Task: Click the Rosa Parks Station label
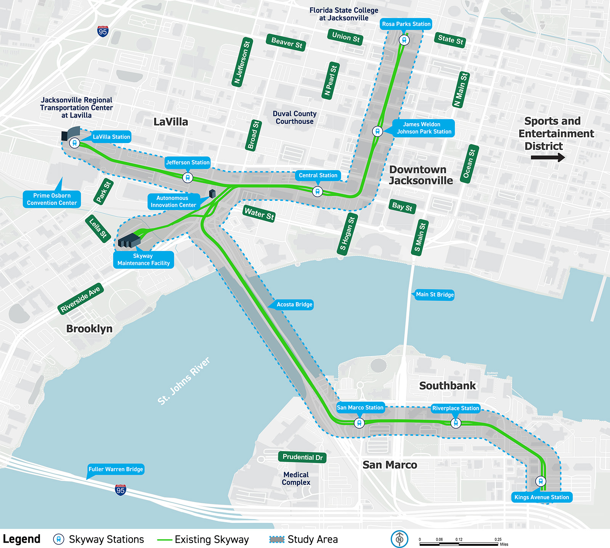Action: (x=406, y=24)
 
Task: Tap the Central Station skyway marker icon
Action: (x=317, y=192)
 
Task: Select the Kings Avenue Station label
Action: (x=541, y=497)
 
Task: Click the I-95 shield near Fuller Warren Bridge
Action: (x=120, y=490)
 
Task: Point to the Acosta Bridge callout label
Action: (x=294, y=305)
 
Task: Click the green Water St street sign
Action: (x=259, y=214)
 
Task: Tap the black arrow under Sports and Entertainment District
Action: (x=547, y=157)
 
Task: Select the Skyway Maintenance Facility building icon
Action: (x=129, y=240)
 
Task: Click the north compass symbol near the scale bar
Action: (x=399, y=539)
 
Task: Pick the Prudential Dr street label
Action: (x=302, y=457)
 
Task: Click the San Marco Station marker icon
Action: (x=359, y=423)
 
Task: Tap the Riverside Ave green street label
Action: (x=80, y=299)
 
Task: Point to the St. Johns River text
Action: (x=184, y=381)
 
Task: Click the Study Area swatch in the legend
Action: (x=277, y=539)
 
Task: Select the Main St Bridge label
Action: (x=435, y=295)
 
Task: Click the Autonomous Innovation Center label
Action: (x=173, y=201)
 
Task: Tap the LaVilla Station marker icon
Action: (x=75, y=143)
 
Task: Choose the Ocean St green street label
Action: (x=469, y=164)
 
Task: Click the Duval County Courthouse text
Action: (x=295, y=118)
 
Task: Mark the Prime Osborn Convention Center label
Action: (x=52, y=199)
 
